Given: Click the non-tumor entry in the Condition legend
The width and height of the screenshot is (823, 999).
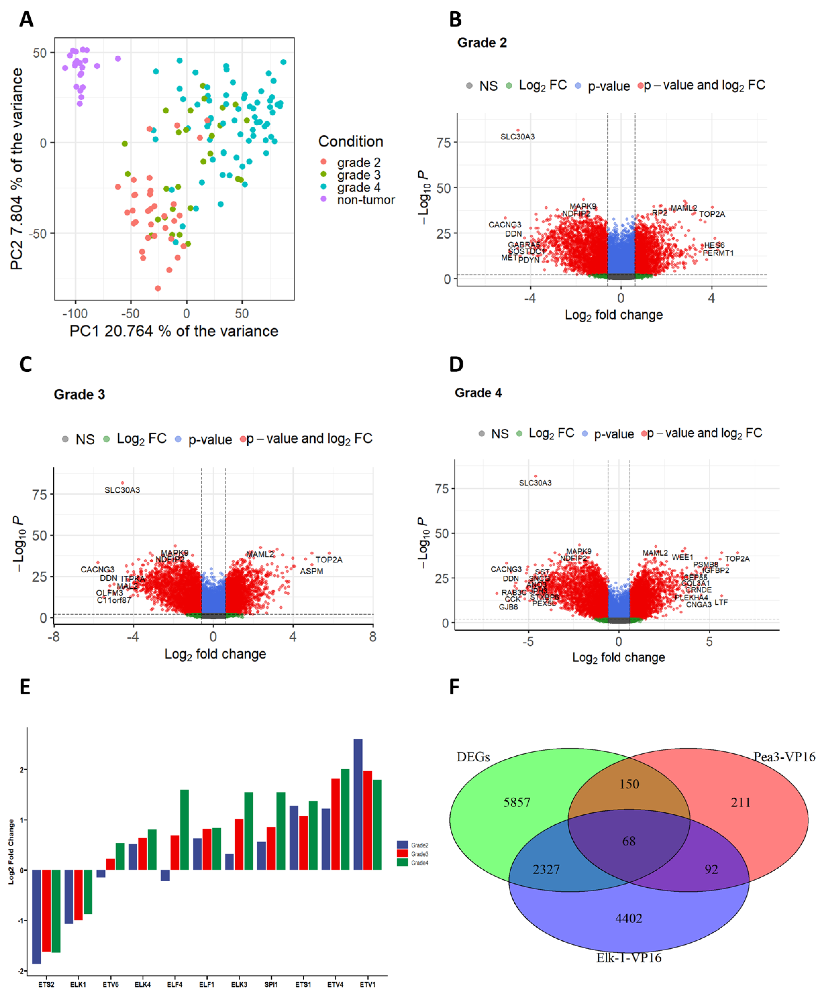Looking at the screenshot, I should pos(365,200).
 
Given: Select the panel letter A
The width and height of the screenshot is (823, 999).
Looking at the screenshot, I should pos(27,20).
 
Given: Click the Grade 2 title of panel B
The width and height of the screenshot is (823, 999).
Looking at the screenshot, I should pos(482,43).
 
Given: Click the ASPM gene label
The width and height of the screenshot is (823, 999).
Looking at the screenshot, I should pos(312,571).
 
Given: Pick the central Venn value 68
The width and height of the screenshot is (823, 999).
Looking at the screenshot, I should pos(629,841).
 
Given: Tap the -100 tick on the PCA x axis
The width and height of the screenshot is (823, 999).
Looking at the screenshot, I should pos(75,313).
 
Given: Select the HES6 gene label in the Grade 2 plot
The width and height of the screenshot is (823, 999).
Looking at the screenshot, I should pos(714,245).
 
